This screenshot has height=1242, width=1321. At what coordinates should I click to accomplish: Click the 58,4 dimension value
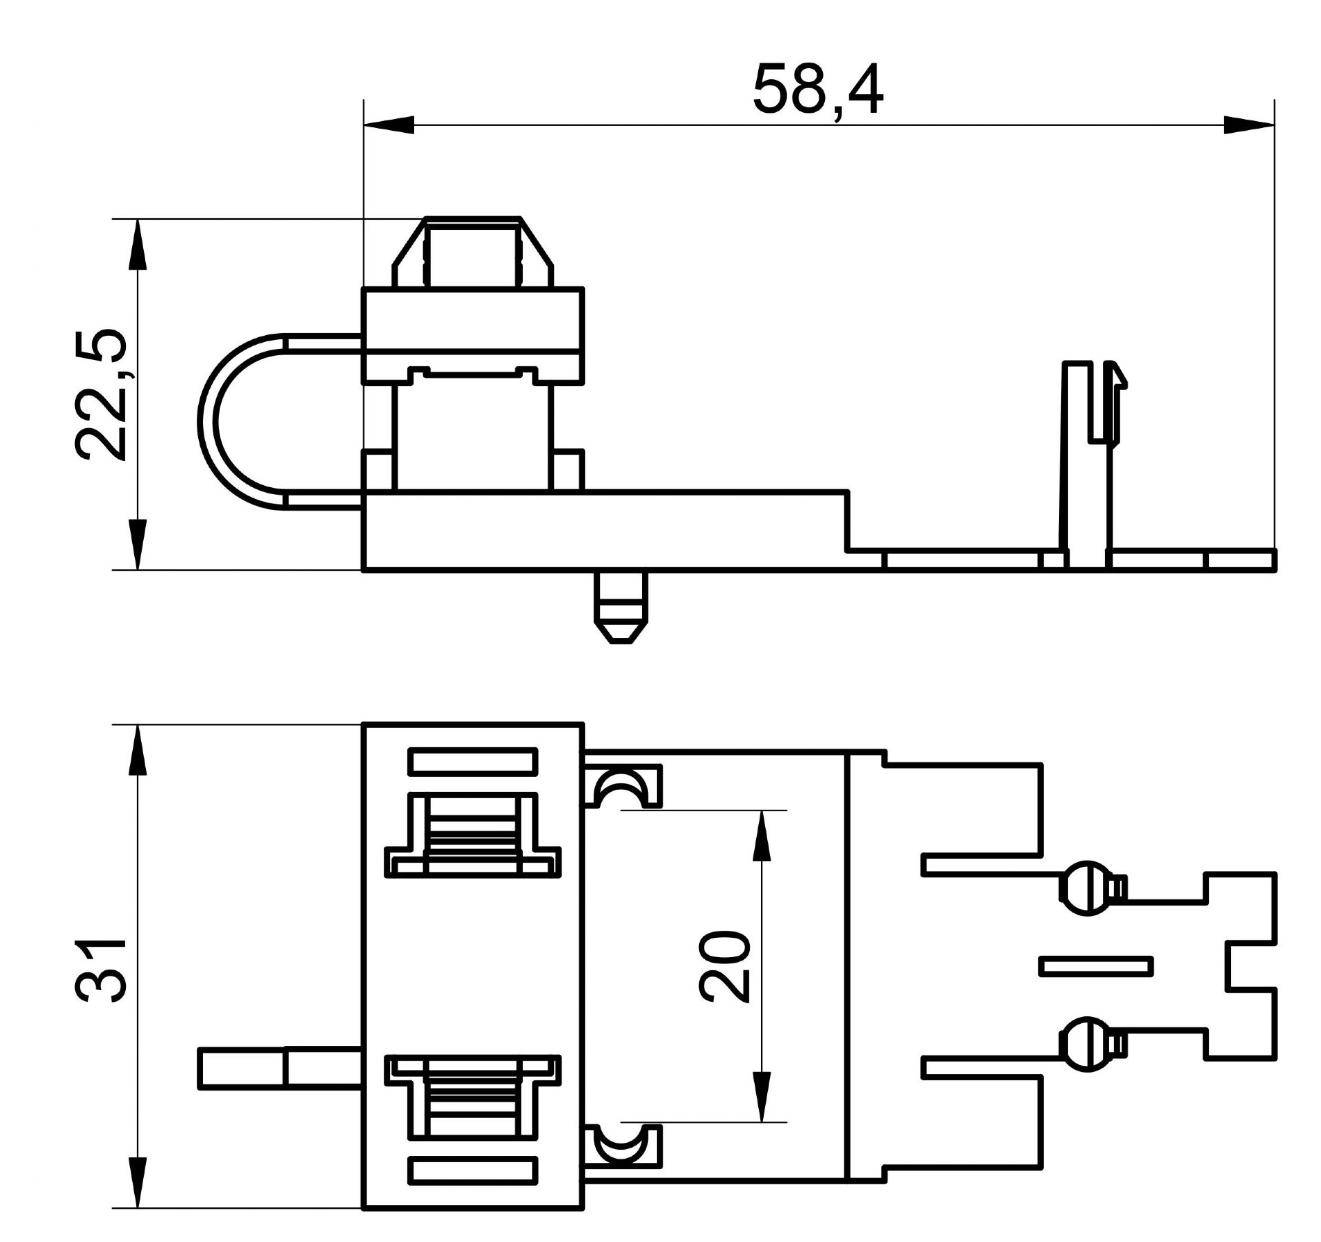click(x=817, y=90)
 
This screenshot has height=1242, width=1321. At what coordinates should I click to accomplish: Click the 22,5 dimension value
click(x=101, y=395)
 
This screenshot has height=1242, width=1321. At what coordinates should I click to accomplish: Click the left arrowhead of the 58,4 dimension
click(x=389, y=125)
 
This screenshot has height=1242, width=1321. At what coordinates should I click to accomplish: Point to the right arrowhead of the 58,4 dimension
click(x=1249, y=125)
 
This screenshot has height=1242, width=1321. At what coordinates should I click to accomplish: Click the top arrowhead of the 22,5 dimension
click(x=138, y=245)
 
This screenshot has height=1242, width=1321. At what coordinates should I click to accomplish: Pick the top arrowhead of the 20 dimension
click(x=761, y=836)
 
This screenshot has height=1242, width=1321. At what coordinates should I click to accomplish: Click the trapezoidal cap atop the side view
click(x=473, y=253)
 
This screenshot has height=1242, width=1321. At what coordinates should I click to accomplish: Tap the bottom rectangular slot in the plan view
click(x=473, y=1170)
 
